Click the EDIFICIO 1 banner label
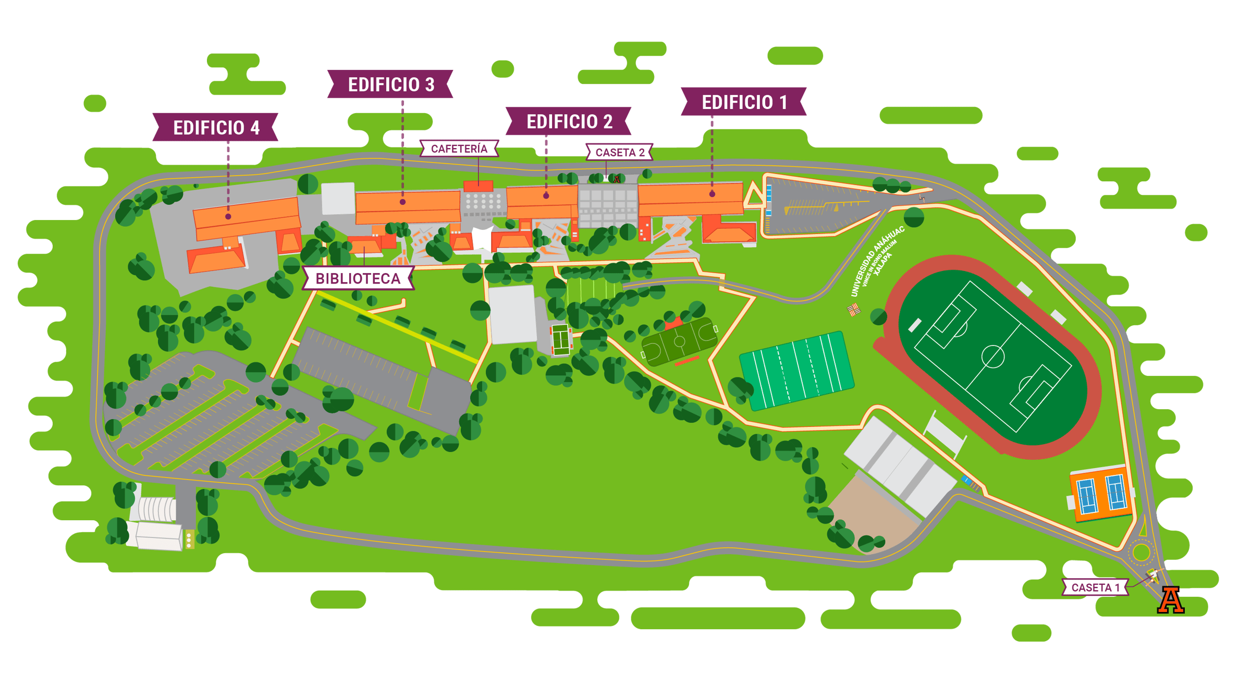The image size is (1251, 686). pyautogui.click(x=744, y=102)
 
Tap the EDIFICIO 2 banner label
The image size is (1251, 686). pyautogui.click(x=569, y=121)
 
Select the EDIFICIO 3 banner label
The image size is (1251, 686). pyautogui.click(x=390, y=84)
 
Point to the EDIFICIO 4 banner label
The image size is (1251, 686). pyautogui.click(x=216, y=127)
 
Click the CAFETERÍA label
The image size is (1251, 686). pyautogui.click(x=459, y=149)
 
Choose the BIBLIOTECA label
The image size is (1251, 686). pyautogui.click(x=358, y=278)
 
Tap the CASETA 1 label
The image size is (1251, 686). pyautogui.click(x=1095, y=587)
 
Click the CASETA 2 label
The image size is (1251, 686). pyautogui.click(x=619, y=152)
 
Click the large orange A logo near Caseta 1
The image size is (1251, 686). pyautogui.click(x=1170, y=601)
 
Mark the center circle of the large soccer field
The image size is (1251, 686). pyautogui.click(x=992, y=357)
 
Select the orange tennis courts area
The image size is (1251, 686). pyautogui.click(x=1101, y=493)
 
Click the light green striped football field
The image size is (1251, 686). pyautogui.click(x=796, y=370)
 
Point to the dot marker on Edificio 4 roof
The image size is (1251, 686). pyautogui.click(x=228, y=216)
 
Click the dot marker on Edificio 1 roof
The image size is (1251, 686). pyautogui.click(x=712, y=194)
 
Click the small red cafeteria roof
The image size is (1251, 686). pyautogui.click(x=478, y=186)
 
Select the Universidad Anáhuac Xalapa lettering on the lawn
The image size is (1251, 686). pyautogui.click(x=876, y=261)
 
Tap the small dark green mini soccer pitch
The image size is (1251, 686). pyautogui.click(x=679, y=342)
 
